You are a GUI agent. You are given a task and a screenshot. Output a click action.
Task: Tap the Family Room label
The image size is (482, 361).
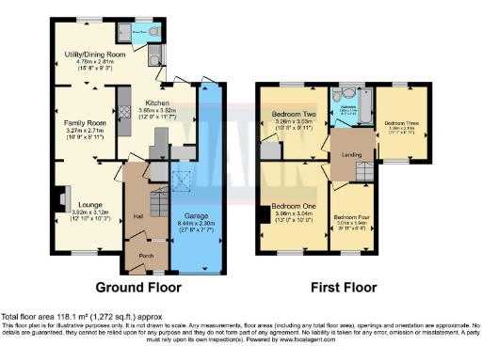85,123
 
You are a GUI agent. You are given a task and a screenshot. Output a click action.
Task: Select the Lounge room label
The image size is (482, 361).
90,203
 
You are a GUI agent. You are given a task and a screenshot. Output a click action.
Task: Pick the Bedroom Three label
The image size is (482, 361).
401,123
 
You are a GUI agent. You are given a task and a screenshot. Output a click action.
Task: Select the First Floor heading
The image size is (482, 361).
342,287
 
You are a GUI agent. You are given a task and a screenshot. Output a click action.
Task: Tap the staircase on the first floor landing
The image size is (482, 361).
363,170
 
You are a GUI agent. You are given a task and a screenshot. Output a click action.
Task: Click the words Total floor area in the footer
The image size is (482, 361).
31,316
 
